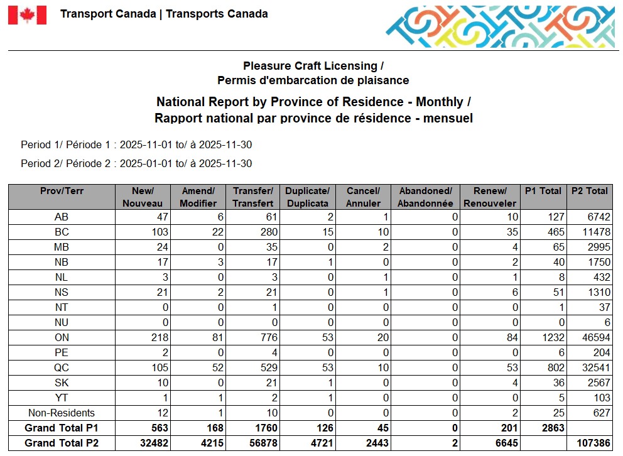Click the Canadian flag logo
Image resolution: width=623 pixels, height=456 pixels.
point(27,15)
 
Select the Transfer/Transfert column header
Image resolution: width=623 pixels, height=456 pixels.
point(253,197)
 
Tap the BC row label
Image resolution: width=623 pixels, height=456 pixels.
point(62,232)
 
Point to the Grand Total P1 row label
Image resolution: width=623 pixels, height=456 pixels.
point(62,428)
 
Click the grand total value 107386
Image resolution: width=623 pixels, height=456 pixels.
point(590,443)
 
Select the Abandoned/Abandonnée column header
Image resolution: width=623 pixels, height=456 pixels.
point(425,197)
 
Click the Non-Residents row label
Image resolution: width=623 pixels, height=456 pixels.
point(62,413)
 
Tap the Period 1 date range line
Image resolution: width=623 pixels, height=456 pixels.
point(136,145)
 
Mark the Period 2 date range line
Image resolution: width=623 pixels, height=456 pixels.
point(136,164)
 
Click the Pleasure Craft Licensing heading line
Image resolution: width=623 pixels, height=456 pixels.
point(313,66)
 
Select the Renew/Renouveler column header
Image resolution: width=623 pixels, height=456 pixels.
point(490,197)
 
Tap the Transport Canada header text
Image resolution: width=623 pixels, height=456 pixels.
point(164,14)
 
